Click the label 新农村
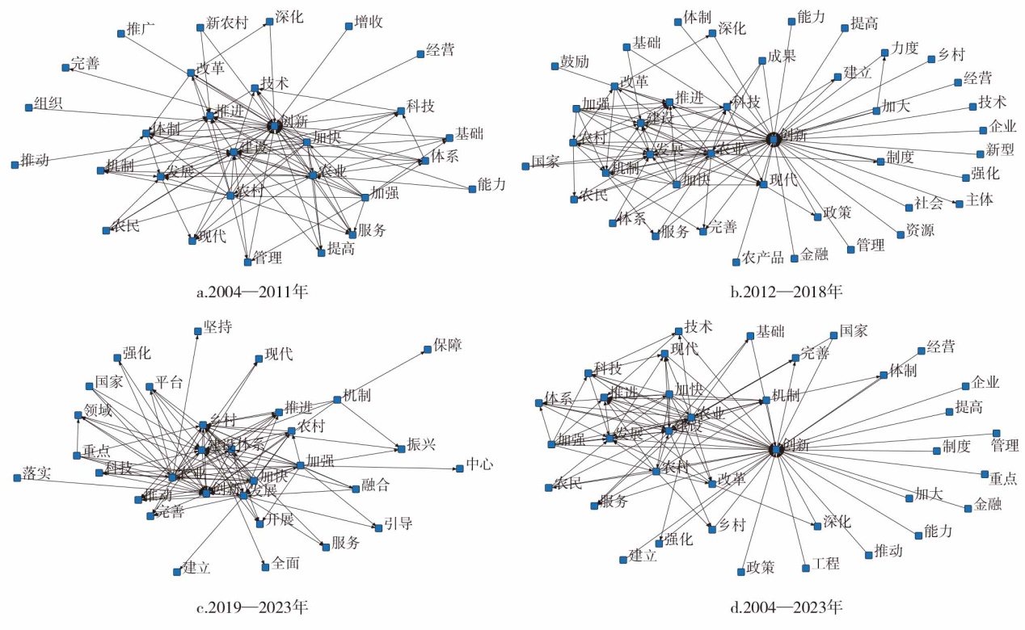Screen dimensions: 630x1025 [226, 23]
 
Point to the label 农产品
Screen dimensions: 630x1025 [763, 258]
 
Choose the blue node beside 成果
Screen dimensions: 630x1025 [761, 61]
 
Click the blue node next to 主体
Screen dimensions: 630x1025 [960, 204]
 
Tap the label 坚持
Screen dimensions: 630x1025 [217, 326]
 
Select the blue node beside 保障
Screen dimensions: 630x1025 [427, 350]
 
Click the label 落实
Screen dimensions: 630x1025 [37, 472]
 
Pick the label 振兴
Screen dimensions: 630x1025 [421, 445]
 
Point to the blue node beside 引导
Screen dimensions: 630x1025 [378, 528]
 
